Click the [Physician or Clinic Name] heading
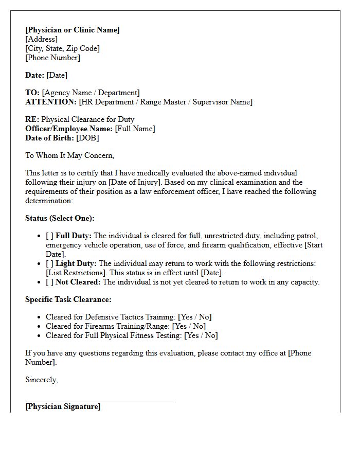(x=72, y=30)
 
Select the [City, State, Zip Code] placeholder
(x=62, y=48)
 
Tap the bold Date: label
(x=34, y=75)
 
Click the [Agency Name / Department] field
(x=91, y=93)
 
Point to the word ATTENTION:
(x=51, y=102)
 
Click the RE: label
(x=32, y=119)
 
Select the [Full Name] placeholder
(x=135, y=129)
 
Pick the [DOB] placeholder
(x=87, y=138)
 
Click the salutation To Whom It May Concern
(x=69, y=155)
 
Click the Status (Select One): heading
(x=60, y=218)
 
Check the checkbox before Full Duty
(x=49, y=236)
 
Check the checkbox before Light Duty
(x=49, y=263)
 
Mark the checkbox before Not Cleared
(x=49, y=282)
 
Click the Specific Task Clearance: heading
(x=68, y=299)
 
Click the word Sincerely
(x=41, y=380)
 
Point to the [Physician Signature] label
(x=63, y=406)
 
